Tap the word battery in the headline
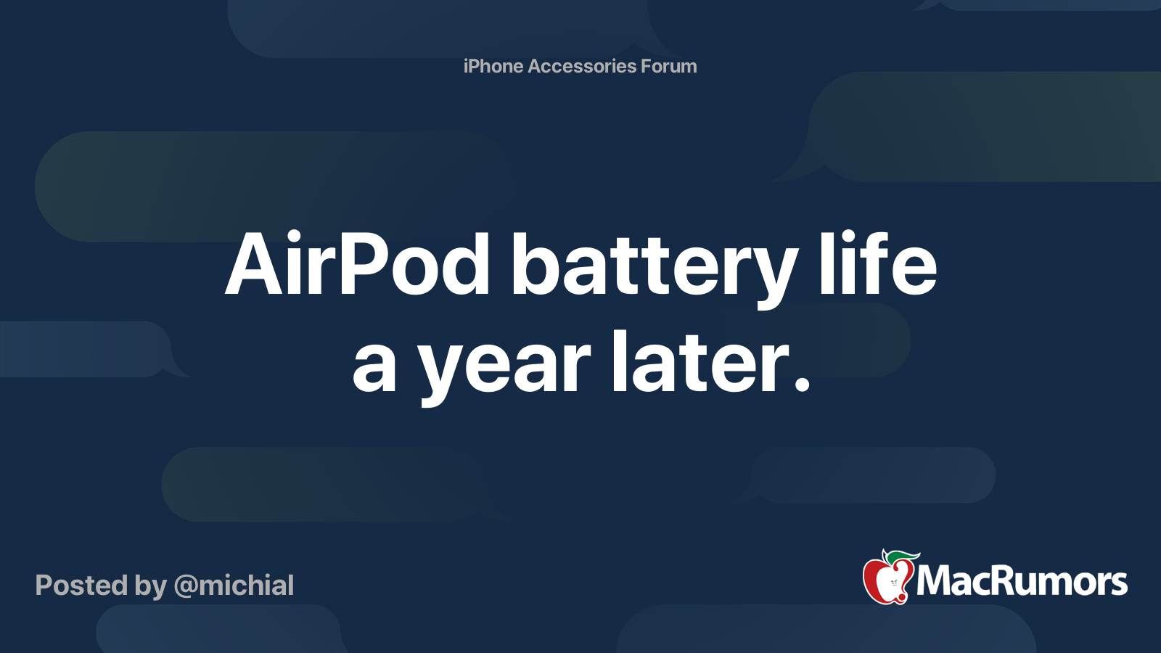click(655, 269)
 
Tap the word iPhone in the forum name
click(493, 66)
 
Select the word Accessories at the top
click(582, 66)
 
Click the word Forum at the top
click(669, 66)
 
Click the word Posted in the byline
click(82, 586)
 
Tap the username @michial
click(234, 586)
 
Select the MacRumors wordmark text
click(1022, 581)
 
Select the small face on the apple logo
click(894, 583)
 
